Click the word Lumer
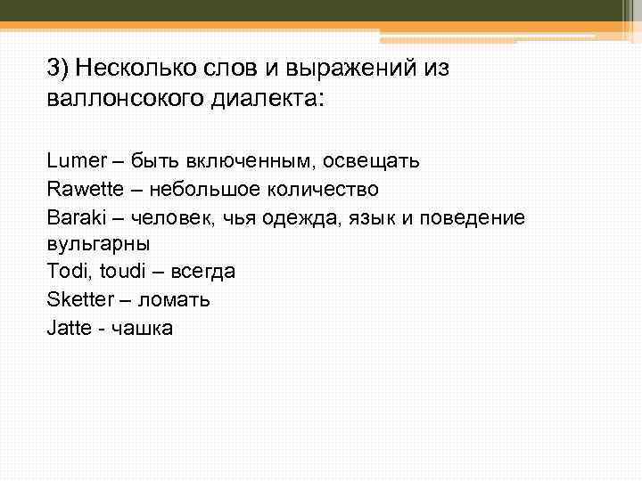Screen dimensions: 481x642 [x=70, y=161]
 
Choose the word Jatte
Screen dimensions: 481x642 [x=68, y=327]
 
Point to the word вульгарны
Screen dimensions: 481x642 [x=97, y=244]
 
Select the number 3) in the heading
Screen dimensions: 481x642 [x=58, y=68]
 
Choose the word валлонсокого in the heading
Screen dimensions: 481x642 [x=126, y=97]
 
